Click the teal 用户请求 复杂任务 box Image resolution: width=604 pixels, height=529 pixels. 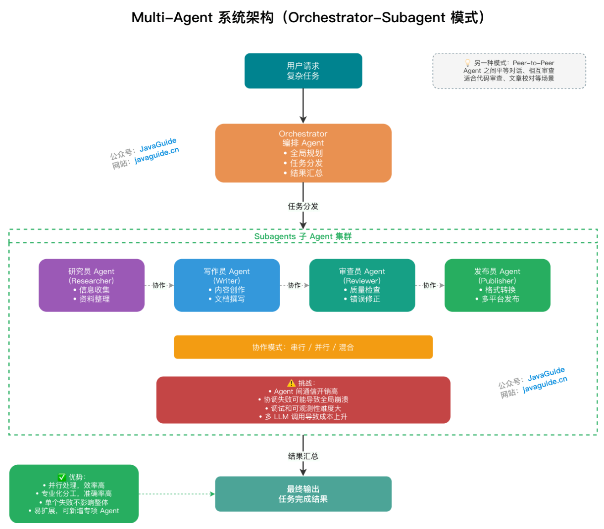point(303,71)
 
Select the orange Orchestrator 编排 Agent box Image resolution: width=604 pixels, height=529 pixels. point(303,153)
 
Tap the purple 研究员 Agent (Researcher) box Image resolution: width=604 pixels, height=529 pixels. point(92,285)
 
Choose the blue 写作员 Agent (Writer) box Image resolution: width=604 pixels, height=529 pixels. point(227,285)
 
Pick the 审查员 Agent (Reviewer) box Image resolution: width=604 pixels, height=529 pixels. point(362,285)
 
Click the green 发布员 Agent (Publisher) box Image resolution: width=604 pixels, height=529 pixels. point(497,285)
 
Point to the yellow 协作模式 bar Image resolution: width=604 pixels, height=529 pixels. point(303,347)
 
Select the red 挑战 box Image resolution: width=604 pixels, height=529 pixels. point(303,400)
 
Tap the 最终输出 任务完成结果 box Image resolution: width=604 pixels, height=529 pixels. point(303,494)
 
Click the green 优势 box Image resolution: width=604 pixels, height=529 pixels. point(74,494)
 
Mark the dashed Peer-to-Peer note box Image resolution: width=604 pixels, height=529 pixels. point(509,71)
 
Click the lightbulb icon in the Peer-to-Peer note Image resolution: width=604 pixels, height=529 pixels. point(467,63)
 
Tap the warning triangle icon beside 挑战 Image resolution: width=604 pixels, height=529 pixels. point(291,383)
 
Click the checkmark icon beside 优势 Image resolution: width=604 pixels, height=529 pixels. point(62,477)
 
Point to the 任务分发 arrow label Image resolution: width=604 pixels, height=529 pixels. point(303,206)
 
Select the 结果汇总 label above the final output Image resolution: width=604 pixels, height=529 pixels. point(303,456)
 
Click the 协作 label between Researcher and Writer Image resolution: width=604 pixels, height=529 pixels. point(159,285)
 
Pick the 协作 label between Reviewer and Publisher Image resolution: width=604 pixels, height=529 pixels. point(430,285)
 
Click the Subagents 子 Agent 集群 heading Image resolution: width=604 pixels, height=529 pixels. point(303,236)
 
